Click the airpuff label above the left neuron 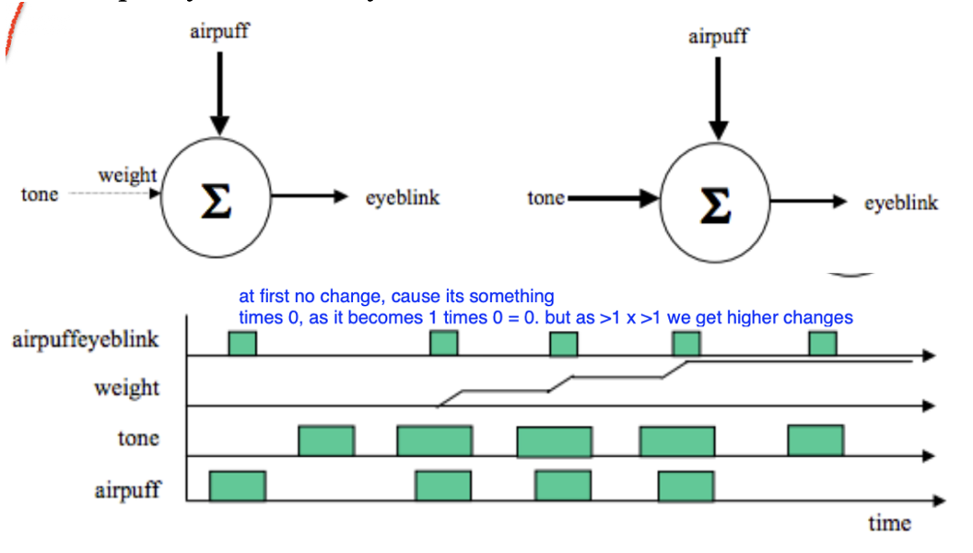[x=218, y=31]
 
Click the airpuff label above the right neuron [x=718, y=37]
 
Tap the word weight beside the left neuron [x=127, y=174]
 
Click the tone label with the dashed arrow [x=40, y=194]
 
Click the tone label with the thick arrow [x=545, y=197]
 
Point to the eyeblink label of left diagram [x=403, y=197]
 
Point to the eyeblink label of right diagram [x=900, y=203]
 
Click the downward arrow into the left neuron [x=218, y=92]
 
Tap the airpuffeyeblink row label [x=86, y=339]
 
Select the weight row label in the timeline [x=126, y=388]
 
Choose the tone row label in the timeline [x=138, y=439]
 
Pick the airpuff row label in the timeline [x=126, y=488]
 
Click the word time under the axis [x=889, y=523]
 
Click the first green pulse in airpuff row [x=238, y=486]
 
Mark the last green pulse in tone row [x=815, y=440]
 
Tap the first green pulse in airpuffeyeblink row [x=242, y=344]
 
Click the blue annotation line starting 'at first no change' [x=396, y=297]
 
